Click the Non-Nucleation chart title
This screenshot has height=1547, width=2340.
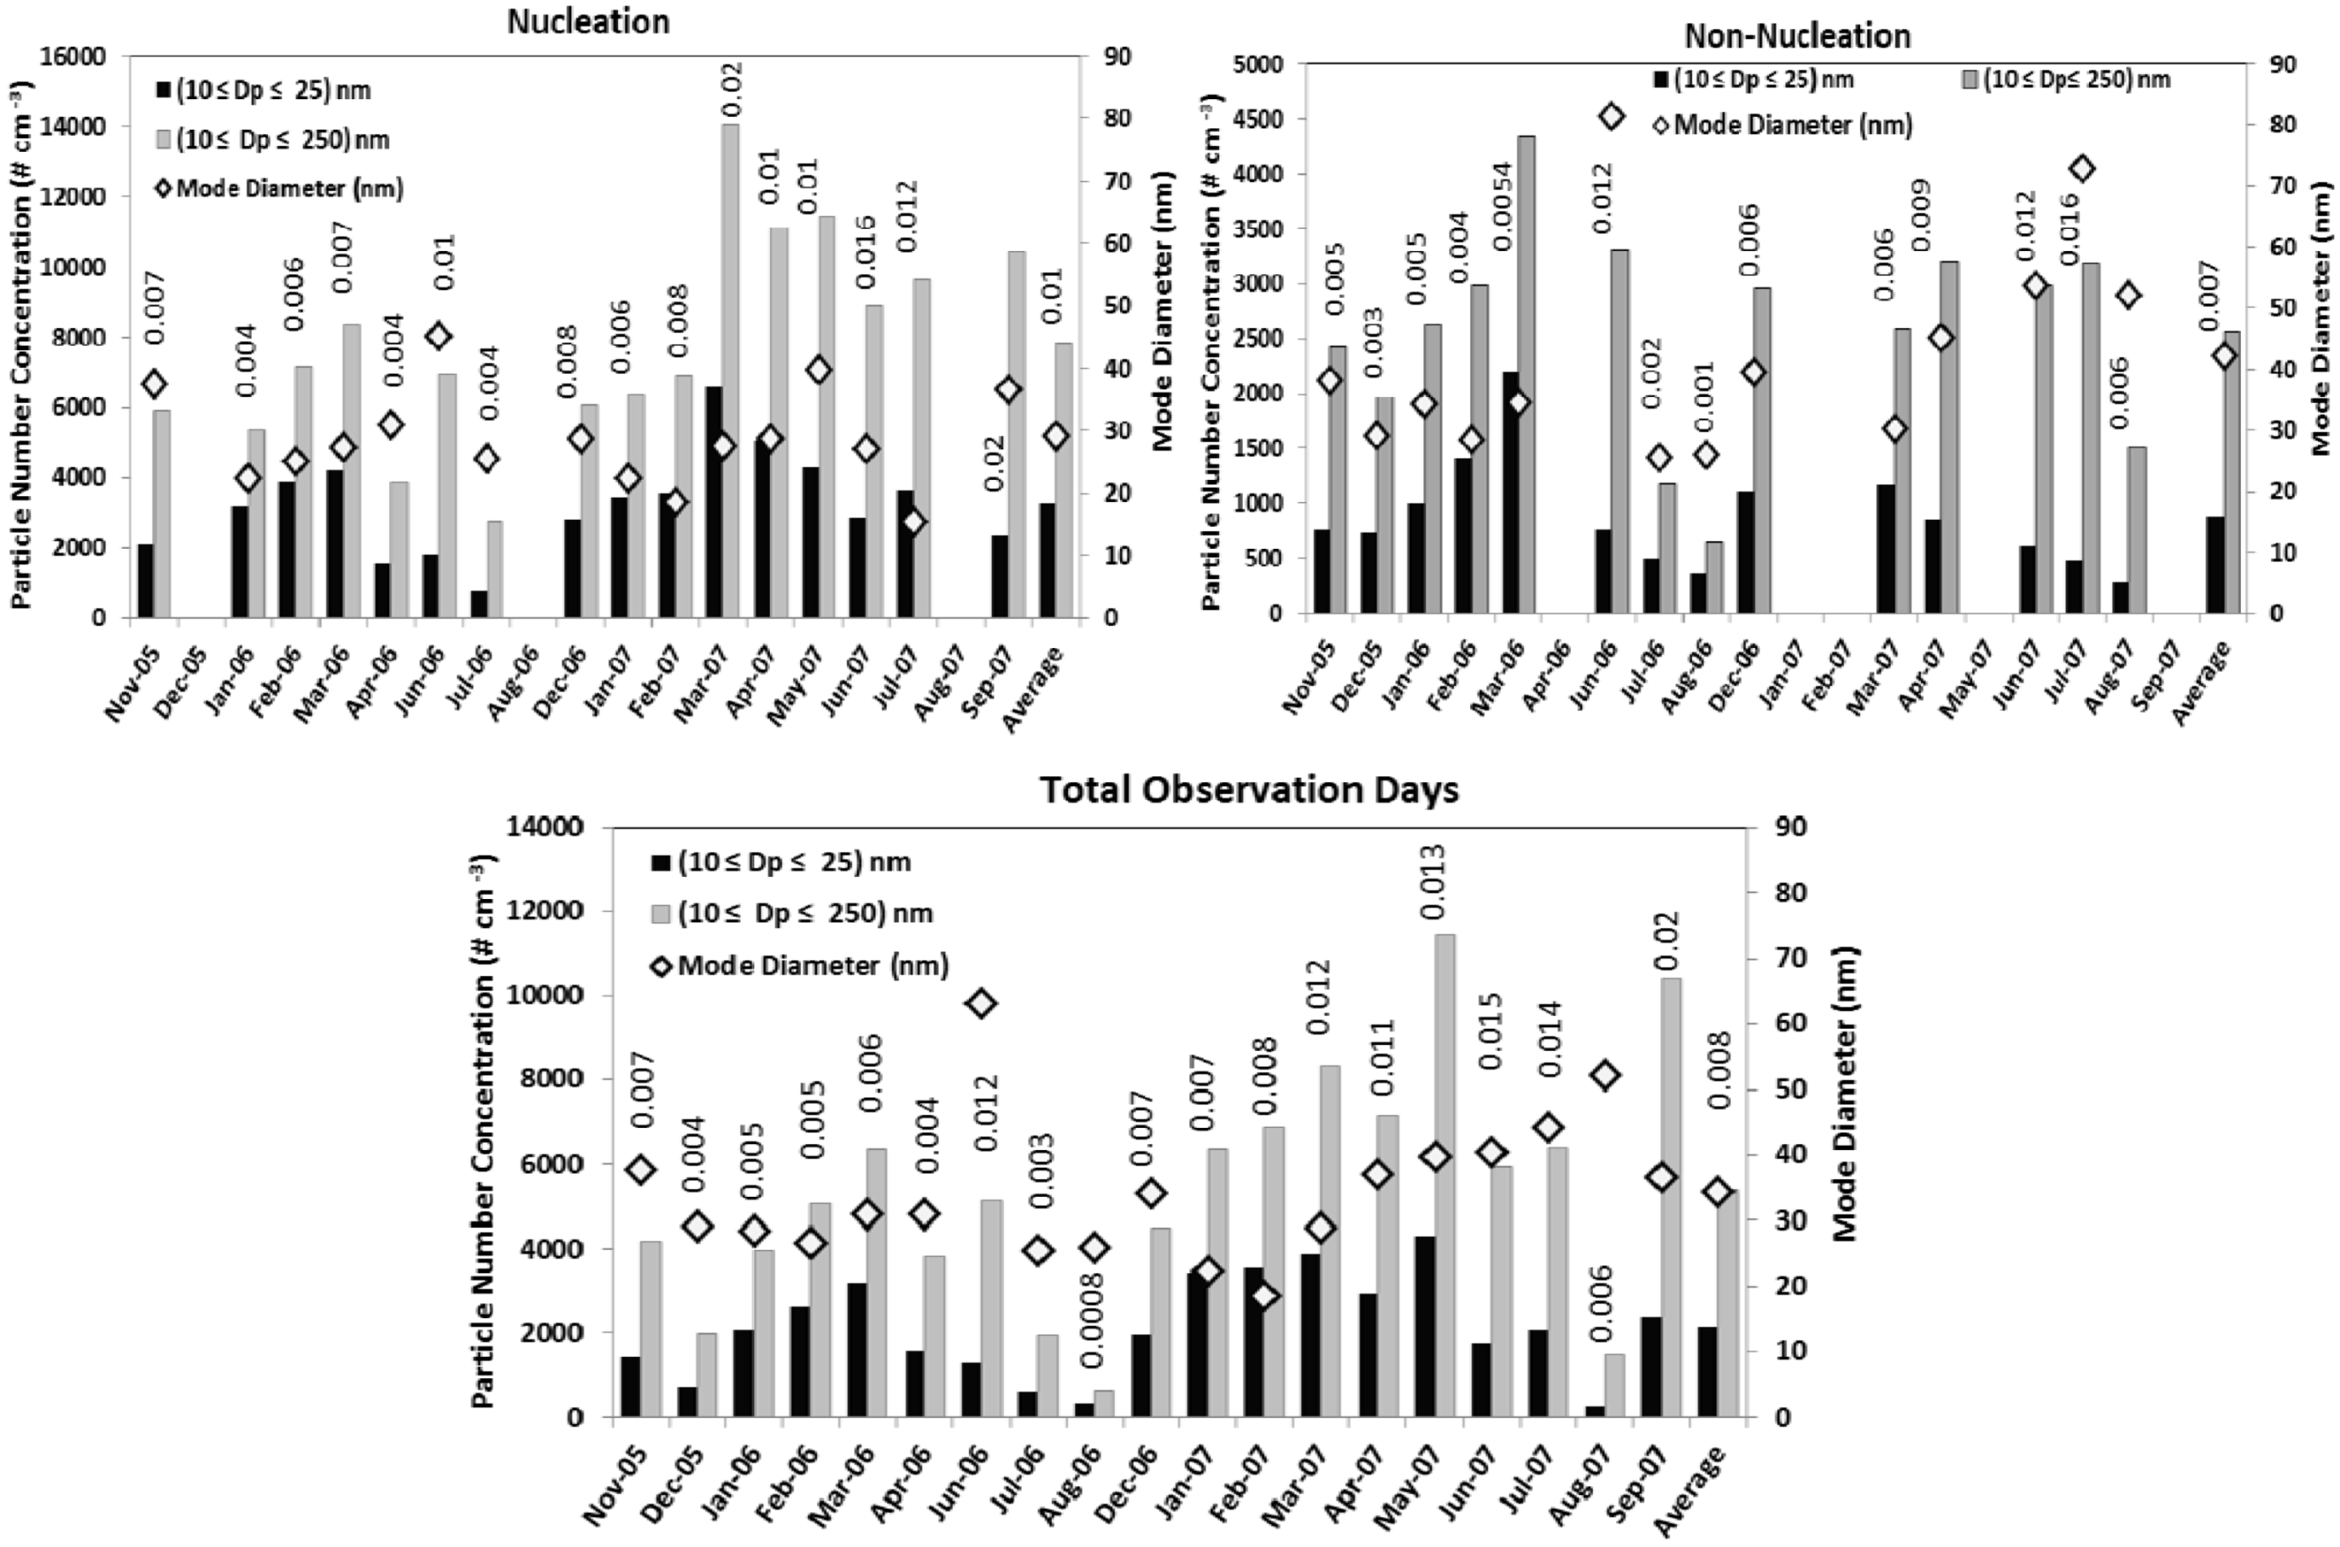click(x=1797, y=36)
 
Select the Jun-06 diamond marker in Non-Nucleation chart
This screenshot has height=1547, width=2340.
click(x=1610, y=116)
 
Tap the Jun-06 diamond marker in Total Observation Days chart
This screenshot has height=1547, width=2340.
click(x=981, y=1004)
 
